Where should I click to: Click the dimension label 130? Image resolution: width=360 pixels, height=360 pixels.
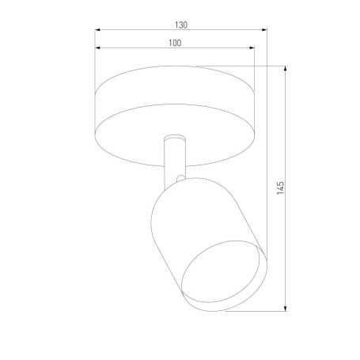(x=181, y=25)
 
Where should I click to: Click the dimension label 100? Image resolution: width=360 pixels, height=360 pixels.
(x=175, y=43)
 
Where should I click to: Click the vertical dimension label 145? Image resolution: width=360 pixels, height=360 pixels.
(x=280, y=188)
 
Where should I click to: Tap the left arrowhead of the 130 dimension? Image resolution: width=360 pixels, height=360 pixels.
(x=97, y=30)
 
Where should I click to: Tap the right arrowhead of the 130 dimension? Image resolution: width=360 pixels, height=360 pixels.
(x=264, y=30)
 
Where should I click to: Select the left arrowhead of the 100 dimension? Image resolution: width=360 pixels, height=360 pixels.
(x=97, y=47)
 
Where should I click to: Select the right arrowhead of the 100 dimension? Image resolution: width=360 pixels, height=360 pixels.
(x=252, y=47)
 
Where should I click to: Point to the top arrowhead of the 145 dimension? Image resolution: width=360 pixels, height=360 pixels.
(x=285, y=69)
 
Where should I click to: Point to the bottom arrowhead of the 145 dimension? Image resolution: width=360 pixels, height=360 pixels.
(x=285, y=309)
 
